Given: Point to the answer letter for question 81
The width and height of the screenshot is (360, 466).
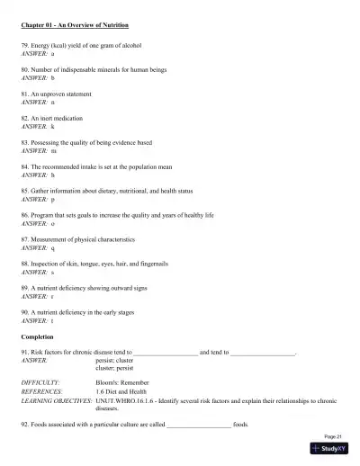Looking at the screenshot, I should pos(53,103).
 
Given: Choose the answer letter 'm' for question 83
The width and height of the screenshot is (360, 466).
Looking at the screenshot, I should pos(53,151).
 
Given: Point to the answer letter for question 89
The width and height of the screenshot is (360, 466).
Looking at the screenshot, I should pos(52,295).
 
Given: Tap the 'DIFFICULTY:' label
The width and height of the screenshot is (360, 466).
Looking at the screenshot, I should pos(40,382).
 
